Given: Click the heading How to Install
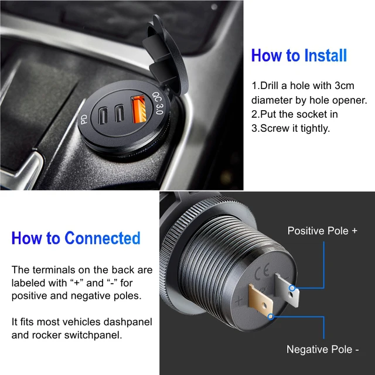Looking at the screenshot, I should (x=299, y=56).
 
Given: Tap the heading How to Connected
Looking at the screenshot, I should (x=76, y=238).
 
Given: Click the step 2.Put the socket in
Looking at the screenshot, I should (x=294, y=114).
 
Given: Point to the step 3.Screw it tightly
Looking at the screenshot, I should (x=291, y=128).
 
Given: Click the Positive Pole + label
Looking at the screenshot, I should (x=322, y=231).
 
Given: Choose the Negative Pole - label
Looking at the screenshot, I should (x=322, y=349).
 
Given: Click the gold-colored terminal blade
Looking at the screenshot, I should (x=261, y=301).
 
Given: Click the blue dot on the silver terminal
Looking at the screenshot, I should (x=292, y=288).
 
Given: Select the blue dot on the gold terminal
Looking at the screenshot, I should (x=271, y=317).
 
